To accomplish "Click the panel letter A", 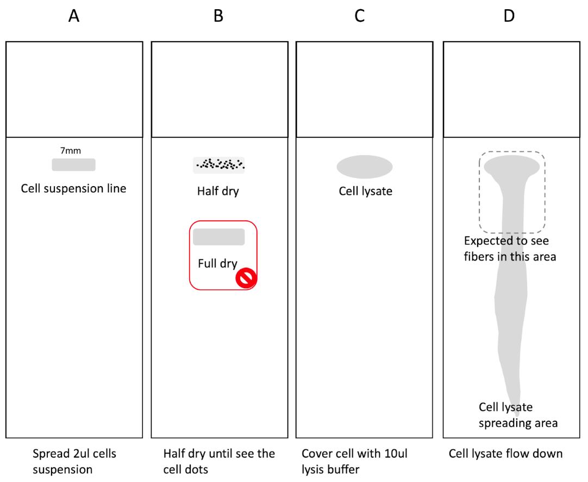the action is pyautogui.click(x=74, y=16).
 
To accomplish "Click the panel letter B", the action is pyautogui.click(x=218, y=16).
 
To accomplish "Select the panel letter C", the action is pyautogui.click(x=359, y=16).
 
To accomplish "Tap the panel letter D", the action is pyautogui.click(x=509, y=16).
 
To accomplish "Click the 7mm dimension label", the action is pyautogui.click(x=71, y=150).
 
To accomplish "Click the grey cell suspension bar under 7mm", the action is pyautogui.click(x=73, y=165).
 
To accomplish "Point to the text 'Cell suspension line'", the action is pyautogui.click(x=73, y=188).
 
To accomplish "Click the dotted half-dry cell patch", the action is pyautogui.click(x=218, y=165).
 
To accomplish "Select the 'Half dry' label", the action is pyautogui.click(x=218, y=192).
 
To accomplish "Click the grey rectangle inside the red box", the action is pyautogui.click(x=219, y=237).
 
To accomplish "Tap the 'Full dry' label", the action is pyautogui.click(x=217, y=264).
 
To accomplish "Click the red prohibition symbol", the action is pyautogui.click(x=246, y=278).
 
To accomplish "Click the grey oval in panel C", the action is pyautogui.click(x=365, y=167).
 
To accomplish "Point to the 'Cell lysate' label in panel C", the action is pyautogui.click(x=366, y=191).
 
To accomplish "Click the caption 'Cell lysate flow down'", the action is pyautogui.click(x=505, y=454).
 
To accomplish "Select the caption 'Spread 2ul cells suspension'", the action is pyautogui.click(x=74, y=461).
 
